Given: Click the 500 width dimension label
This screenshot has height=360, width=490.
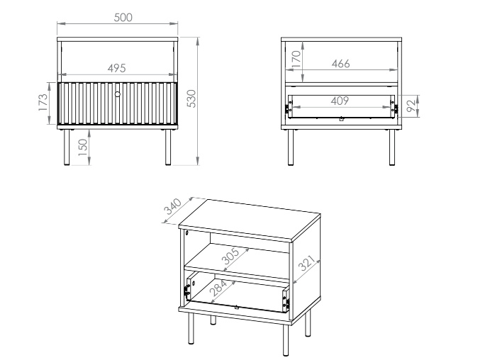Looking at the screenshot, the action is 123,18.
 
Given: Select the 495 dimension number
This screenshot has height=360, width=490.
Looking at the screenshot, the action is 116,68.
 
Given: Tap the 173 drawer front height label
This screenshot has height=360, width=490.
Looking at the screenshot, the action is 43,102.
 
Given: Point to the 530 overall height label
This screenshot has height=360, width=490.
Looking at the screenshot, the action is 191,99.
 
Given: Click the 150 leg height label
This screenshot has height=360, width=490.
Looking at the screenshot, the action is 82,147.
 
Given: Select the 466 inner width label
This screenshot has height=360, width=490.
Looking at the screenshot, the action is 340,64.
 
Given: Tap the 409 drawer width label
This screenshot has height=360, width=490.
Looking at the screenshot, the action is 340,101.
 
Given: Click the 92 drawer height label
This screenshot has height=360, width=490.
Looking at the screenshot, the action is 412,106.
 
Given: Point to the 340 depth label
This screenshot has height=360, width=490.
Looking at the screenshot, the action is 172,206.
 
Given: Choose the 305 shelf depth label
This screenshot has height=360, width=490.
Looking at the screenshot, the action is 230,256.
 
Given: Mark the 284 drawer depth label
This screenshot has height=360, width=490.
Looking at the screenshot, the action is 218,288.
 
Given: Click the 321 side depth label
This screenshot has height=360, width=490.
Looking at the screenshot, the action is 306,263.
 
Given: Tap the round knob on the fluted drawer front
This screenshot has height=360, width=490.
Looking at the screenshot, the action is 118,94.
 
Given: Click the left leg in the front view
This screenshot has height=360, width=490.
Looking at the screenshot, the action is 67,147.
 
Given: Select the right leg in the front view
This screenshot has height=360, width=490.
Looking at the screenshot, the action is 168,147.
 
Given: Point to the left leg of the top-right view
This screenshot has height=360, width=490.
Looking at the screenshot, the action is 291,147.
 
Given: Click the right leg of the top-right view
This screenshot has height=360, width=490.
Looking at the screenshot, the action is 392,147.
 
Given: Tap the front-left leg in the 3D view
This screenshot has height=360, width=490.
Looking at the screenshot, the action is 191,329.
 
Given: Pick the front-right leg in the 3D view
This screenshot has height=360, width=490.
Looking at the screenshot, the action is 286,340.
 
